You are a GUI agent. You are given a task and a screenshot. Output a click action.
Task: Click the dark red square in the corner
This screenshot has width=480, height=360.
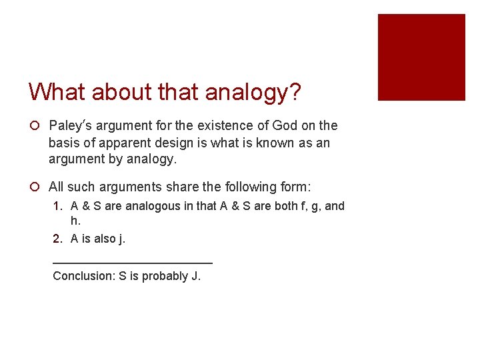(x=421, y=57)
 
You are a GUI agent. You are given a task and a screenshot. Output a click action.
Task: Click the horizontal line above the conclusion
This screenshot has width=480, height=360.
(x=132, y=263)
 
